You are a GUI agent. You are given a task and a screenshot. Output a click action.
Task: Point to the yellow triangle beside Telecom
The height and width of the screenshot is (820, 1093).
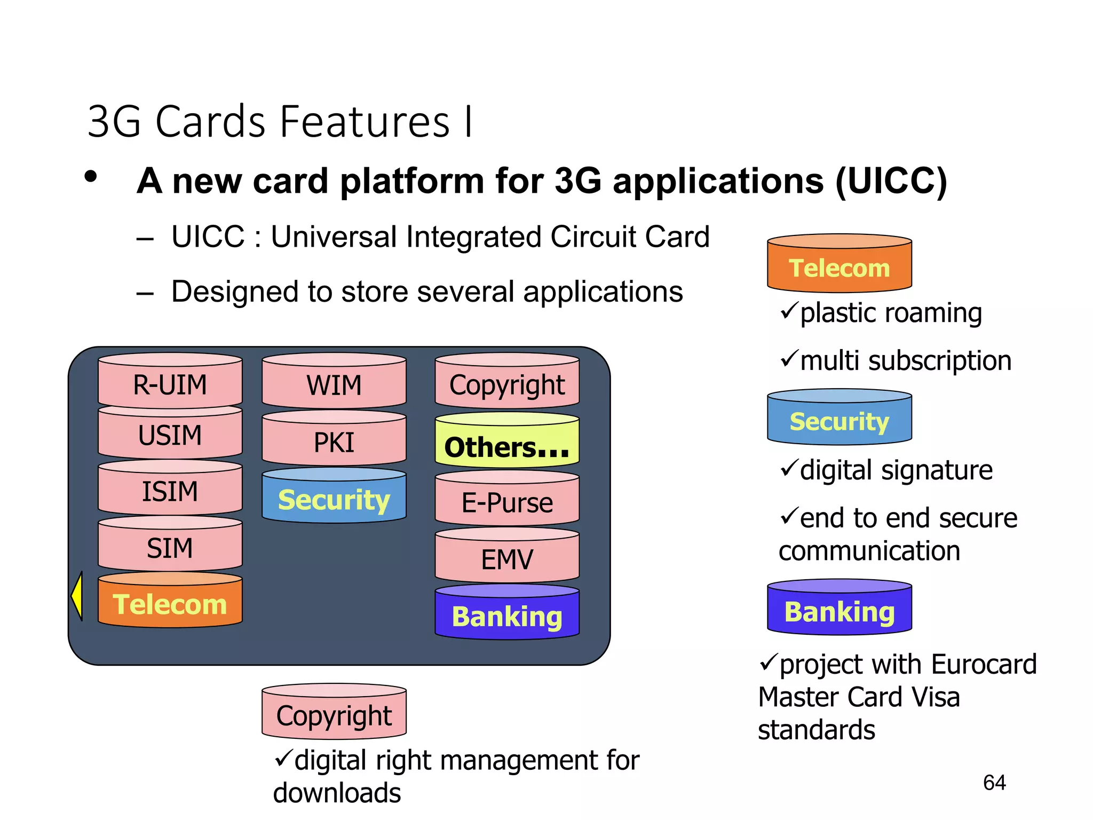[x=77, y=596]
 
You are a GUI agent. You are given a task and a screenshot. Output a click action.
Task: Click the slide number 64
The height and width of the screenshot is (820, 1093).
[x=994, y=783]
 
